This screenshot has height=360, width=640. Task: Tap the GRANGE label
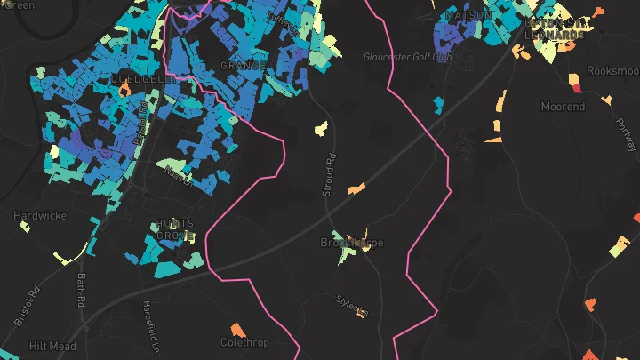click(x=243, y=66)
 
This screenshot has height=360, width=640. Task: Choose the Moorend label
click(x=564, y=107)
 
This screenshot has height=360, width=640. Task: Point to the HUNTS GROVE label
click(x=175, y=229)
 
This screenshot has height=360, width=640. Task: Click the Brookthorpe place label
click(x=352, y=243)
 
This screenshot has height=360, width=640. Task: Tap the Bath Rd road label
click(x=81, y=290)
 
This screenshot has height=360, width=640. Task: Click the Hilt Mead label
click(x=52, y=346)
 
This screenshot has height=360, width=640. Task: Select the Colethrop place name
click(x=244, y=342)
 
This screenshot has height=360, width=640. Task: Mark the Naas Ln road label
click(x=178, y=178)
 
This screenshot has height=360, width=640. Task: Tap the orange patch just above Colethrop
click(x=236, y=328)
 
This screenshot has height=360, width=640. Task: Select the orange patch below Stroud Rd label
click(x=356, y=188)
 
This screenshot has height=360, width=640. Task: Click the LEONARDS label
click(x=556, y=35)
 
